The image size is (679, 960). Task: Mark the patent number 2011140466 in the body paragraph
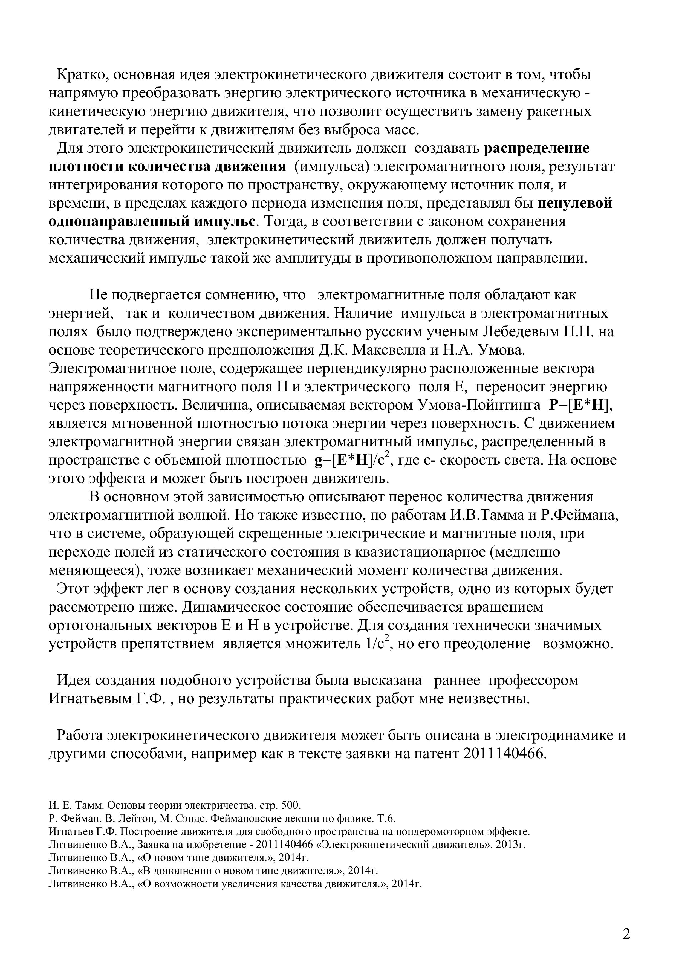click(x=505, y=754)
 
